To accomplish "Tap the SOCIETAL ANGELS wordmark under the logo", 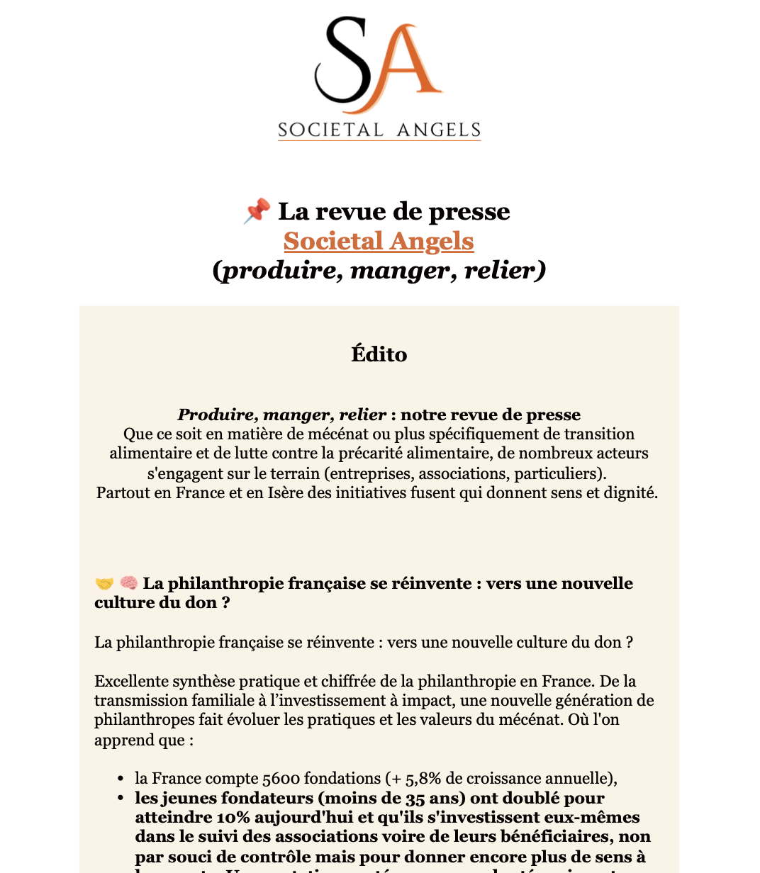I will (379, 130).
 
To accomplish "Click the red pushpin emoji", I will (257, 211).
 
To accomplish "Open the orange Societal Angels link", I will (379, 241).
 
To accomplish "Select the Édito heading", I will (379, 354).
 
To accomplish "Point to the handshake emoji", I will (104, 583).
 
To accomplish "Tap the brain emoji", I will (128, 583).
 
